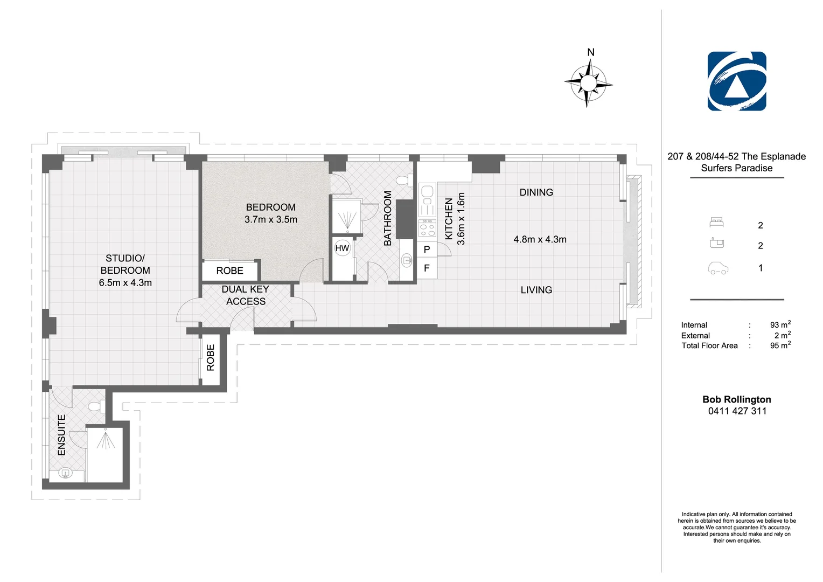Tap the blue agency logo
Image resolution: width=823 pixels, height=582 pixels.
tap(737, 81)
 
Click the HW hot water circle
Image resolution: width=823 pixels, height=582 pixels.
tap(342, 248)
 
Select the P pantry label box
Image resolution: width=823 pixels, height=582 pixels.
tap(427, 250)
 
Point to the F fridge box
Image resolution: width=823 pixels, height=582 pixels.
tap(427, 268)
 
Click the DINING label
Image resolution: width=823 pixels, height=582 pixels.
tap(536, 192)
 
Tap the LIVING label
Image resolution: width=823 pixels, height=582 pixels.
tap(536, 290)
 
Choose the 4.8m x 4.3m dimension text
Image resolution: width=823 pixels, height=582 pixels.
tap(540, 239)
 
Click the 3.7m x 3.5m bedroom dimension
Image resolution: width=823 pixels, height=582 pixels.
tap(271, 219)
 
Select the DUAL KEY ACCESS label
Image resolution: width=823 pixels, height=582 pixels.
tap(246, 295)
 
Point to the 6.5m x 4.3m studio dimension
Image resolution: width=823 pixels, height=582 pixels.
tap(125, 283)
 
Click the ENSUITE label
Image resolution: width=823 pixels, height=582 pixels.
tap(62, 435)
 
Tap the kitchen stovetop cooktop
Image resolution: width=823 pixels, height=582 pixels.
tap(427, 228)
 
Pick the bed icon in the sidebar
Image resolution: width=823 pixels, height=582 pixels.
tap(716, 222)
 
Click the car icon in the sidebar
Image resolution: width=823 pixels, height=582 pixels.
tap(718, 268)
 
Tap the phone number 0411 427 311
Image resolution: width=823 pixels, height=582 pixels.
tap(737, 411)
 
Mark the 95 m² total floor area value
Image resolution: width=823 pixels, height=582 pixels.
tap(780, 345)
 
